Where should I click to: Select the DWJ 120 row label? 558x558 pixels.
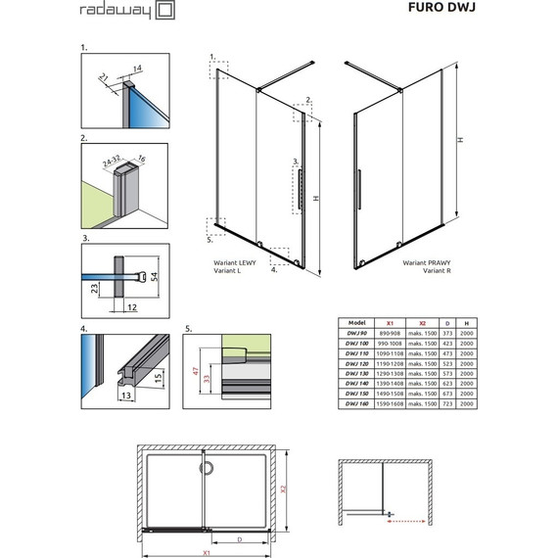click(356, 361)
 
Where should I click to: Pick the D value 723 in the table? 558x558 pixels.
click(445, 402)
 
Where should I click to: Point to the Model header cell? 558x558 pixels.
click(356, 321)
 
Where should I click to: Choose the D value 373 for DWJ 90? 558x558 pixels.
click(445, 331)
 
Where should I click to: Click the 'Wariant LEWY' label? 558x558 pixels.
click(235, 263)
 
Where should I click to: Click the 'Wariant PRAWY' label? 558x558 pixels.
click(424, 263)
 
